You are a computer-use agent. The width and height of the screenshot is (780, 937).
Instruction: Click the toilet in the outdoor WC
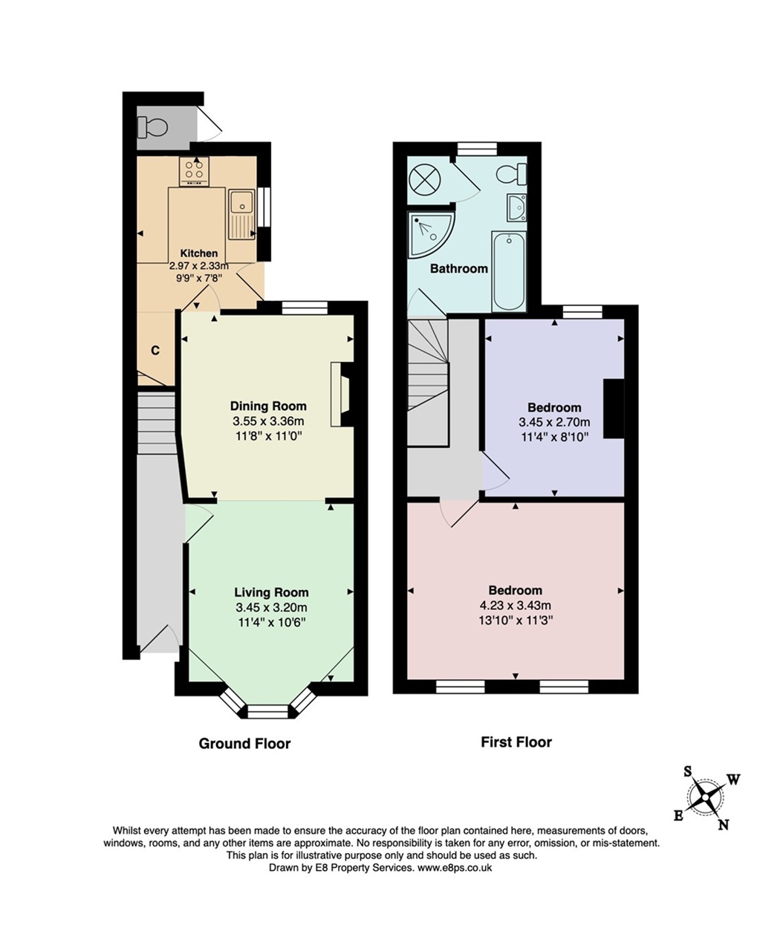click(152, 127)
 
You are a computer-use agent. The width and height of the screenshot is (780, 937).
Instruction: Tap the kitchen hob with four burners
click(194, 171)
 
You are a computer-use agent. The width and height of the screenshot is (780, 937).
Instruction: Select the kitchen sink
click(241, 213)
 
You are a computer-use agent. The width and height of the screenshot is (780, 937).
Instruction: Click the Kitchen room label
click(199, 253)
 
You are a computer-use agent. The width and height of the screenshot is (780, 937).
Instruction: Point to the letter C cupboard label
click(155, 351)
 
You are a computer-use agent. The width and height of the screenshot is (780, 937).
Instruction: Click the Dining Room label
click(268, 406)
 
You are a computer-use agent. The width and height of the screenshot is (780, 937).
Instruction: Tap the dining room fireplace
click(342, 394)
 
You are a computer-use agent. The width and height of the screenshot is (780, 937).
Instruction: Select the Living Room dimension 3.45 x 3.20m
click(272, 608)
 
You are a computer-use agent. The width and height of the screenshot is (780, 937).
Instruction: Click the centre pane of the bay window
click(268, 711)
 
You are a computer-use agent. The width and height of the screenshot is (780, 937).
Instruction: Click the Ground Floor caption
click(244, 744)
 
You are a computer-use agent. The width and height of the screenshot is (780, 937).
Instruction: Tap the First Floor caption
click(516, 742)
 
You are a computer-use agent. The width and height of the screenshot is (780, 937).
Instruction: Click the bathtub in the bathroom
click(508, 271)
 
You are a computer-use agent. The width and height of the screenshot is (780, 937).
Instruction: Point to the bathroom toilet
click(512, 174)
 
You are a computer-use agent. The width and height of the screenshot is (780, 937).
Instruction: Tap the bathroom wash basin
click(516, 207)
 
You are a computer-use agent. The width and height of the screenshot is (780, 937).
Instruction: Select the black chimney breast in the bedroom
click(614, 409)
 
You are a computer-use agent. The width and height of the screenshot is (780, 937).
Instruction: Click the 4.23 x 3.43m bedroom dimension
click(516, 606)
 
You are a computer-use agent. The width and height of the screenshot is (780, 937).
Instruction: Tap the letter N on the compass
click(723, 824)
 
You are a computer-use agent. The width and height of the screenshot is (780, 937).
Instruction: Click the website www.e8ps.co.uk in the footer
click(455, 867)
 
